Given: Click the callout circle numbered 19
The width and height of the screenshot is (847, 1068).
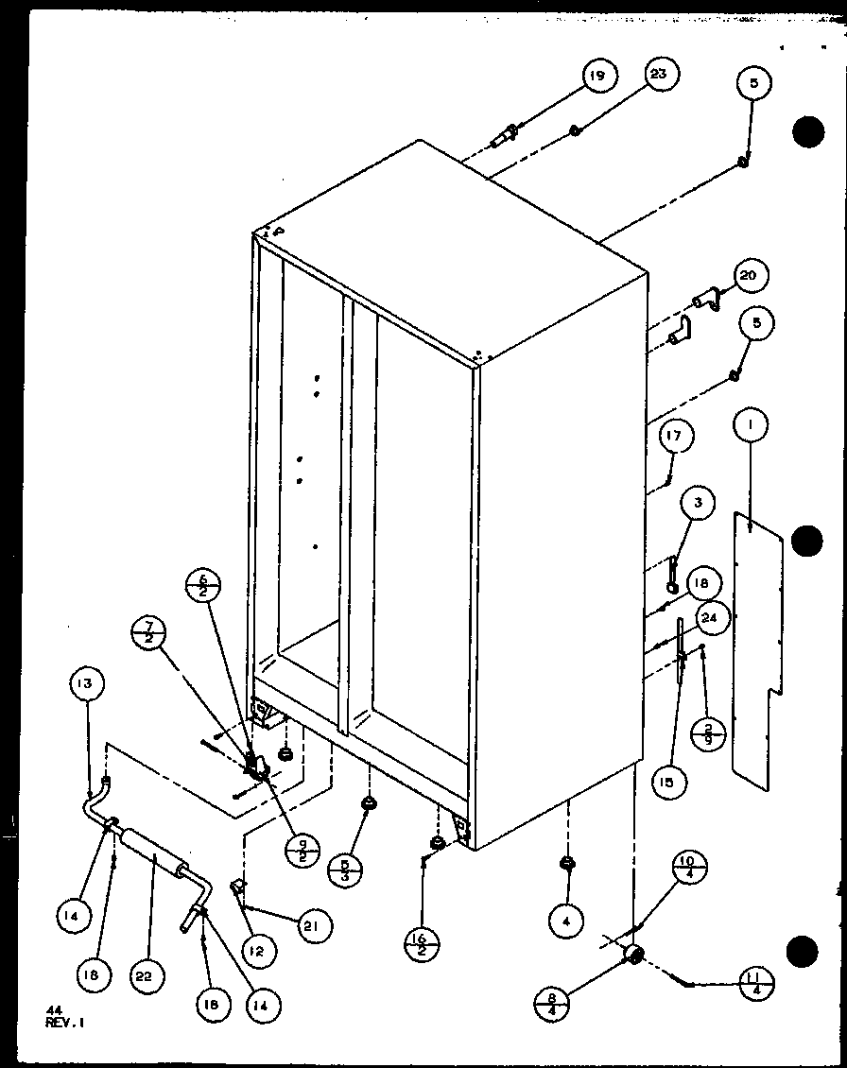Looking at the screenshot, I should click(599, 76).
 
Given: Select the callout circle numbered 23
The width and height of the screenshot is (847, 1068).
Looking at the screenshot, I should click(662, 76).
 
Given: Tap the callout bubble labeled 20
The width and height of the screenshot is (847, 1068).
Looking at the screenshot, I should click(749, 276).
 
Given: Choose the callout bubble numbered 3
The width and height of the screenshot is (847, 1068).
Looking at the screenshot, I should click(697, 505).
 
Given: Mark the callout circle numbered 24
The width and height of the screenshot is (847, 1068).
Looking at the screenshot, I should click(711, 619).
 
